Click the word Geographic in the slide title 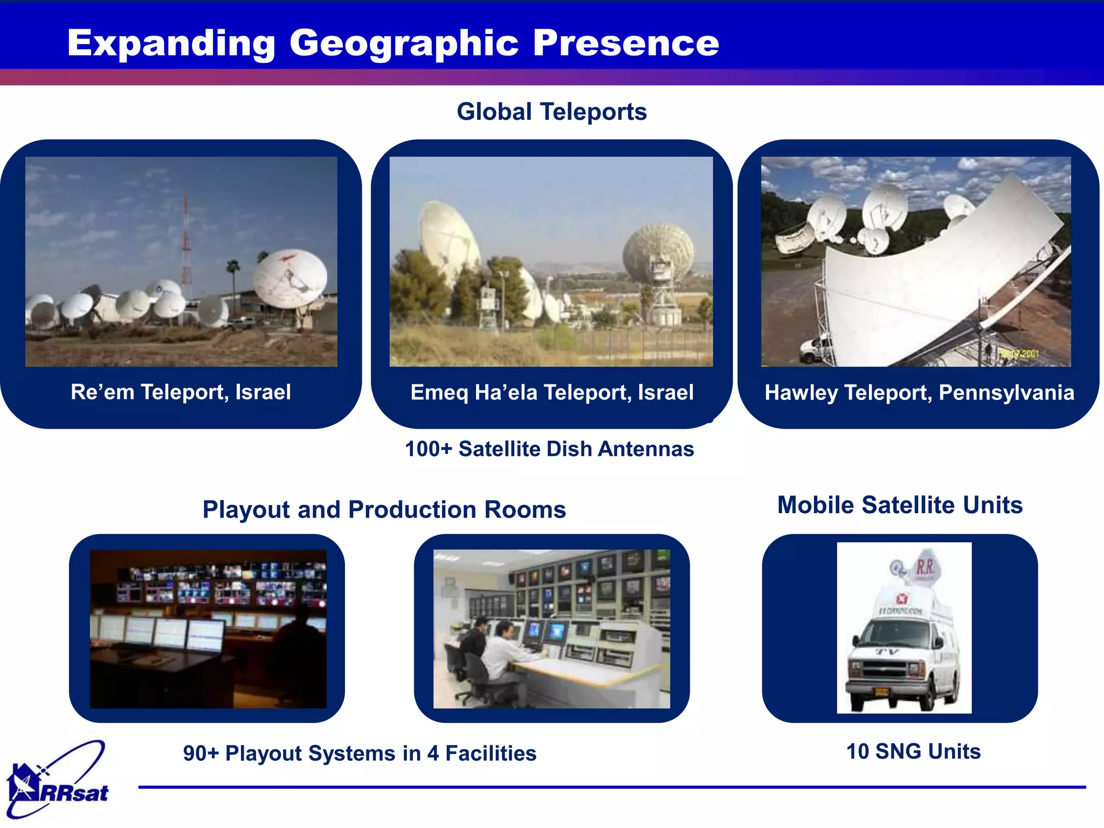404,43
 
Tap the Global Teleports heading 551,112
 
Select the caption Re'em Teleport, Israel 181,392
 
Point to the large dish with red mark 290,278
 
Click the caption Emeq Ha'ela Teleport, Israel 551,392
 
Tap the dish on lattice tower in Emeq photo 658,253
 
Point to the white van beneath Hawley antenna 815,349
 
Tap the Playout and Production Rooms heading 384,509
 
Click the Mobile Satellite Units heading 900,505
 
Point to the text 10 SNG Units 913,751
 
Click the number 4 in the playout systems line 432,754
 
